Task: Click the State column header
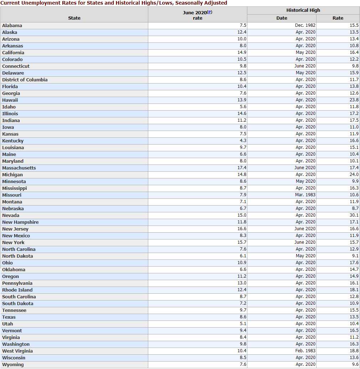74,18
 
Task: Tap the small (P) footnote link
210,12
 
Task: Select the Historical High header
303,10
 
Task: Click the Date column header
282,18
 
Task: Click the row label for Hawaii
10,100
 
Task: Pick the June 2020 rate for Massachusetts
242,168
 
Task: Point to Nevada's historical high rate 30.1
354,215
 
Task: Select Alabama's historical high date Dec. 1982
305,25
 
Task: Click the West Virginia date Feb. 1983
305,351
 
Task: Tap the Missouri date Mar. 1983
305,195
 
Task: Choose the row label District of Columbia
25,80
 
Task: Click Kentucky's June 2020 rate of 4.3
243,141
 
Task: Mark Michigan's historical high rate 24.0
354,175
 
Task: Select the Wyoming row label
13,365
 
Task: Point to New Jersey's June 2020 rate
242,229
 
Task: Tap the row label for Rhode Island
17,290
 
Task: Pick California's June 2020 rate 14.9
242,52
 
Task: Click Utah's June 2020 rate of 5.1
243,324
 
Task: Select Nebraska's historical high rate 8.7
355,208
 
